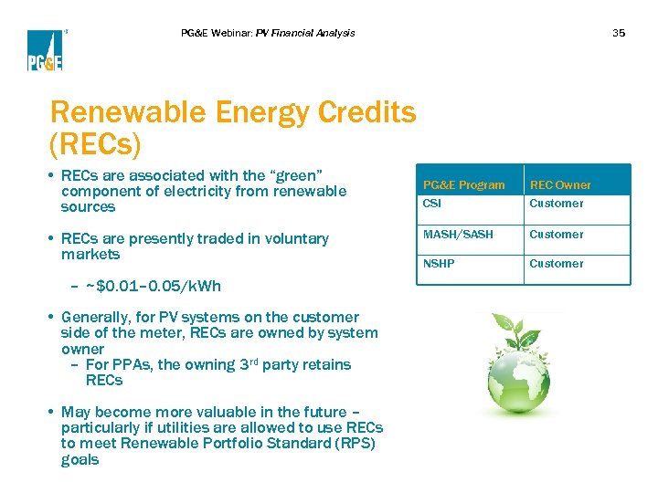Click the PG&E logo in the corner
pos(44,50)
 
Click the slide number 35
pos(619,33)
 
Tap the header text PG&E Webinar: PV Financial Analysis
pos(268,33)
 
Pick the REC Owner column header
pos(561,184)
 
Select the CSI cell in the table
pos(431,204)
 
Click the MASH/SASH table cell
pos(457,234)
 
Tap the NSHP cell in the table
pos(438,263)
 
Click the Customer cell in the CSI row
pos(556,204)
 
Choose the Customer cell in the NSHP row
pos(556,263)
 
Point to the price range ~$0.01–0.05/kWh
pos(153,286)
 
